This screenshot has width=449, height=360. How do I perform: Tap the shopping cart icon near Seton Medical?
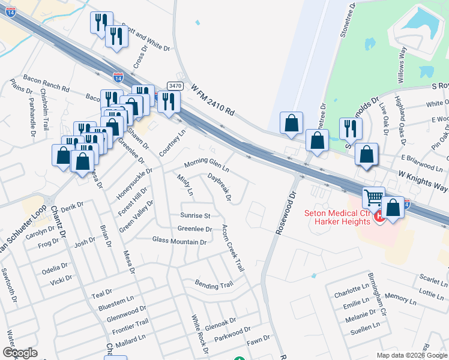pos(373,197)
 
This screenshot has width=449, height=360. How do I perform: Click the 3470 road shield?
pos(175,86)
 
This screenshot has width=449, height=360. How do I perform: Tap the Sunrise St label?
pos(195,215)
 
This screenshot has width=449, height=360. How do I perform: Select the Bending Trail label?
pos(213,285)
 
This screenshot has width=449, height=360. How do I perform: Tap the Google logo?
pos(20,353)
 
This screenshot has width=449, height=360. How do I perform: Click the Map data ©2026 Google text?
pos(411,355)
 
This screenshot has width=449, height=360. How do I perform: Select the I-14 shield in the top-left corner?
pos(10,11)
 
